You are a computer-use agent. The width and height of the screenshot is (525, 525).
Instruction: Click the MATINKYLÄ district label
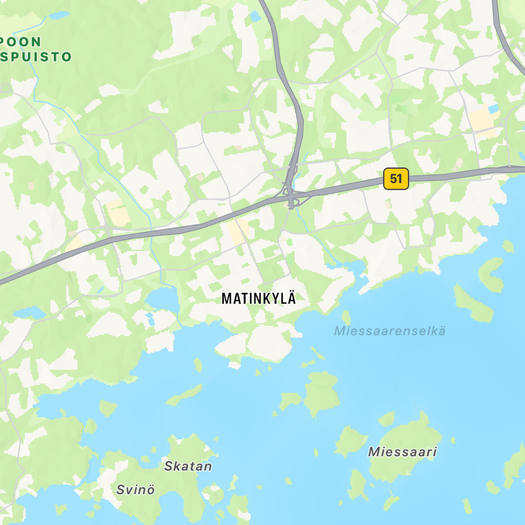tap(259, 298)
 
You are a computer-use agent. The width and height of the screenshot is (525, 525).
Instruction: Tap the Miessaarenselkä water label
tap(390, 331)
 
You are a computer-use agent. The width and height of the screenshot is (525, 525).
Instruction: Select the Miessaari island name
tap(402, 452)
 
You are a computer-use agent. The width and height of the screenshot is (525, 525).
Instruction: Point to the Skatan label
tap(188, 466)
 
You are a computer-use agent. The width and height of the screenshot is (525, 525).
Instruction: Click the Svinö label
tap(135, 490)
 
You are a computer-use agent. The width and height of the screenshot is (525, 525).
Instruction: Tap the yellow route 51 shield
tap(396, 179)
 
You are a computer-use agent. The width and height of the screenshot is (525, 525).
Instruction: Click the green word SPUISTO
tap(37, 57)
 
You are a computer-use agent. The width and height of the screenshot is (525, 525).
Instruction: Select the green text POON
tap(21, 42)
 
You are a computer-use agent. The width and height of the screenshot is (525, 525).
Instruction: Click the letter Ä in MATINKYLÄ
tap(291, 298)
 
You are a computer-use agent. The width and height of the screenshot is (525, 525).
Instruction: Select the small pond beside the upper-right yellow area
tap(494, 108)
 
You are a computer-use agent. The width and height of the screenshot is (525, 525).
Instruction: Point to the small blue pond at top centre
tap(254, 16)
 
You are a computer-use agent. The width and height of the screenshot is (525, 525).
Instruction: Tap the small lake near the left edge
tap(29, 312)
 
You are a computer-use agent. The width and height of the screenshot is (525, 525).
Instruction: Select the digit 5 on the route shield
tap(393, 179)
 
